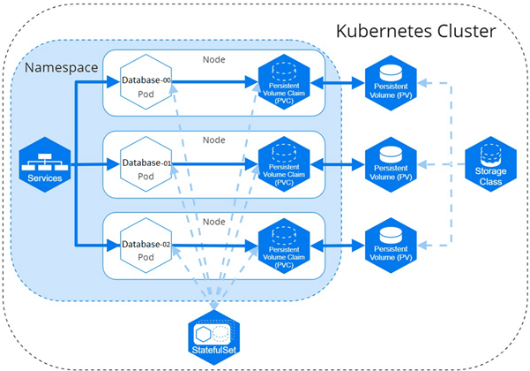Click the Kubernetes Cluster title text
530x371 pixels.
click(x=416, y=32)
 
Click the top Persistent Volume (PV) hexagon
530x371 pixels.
click(x=392, y=85)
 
